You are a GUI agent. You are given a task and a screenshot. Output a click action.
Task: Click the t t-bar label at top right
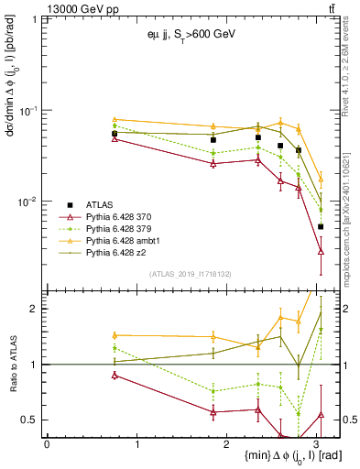coord(331,8)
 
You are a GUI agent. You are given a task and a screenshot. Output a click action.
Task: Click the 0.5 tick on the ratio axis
coord(29,420)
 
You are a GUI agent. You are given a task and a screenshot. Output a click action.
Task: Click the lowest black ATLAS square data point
coord(321,226)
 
